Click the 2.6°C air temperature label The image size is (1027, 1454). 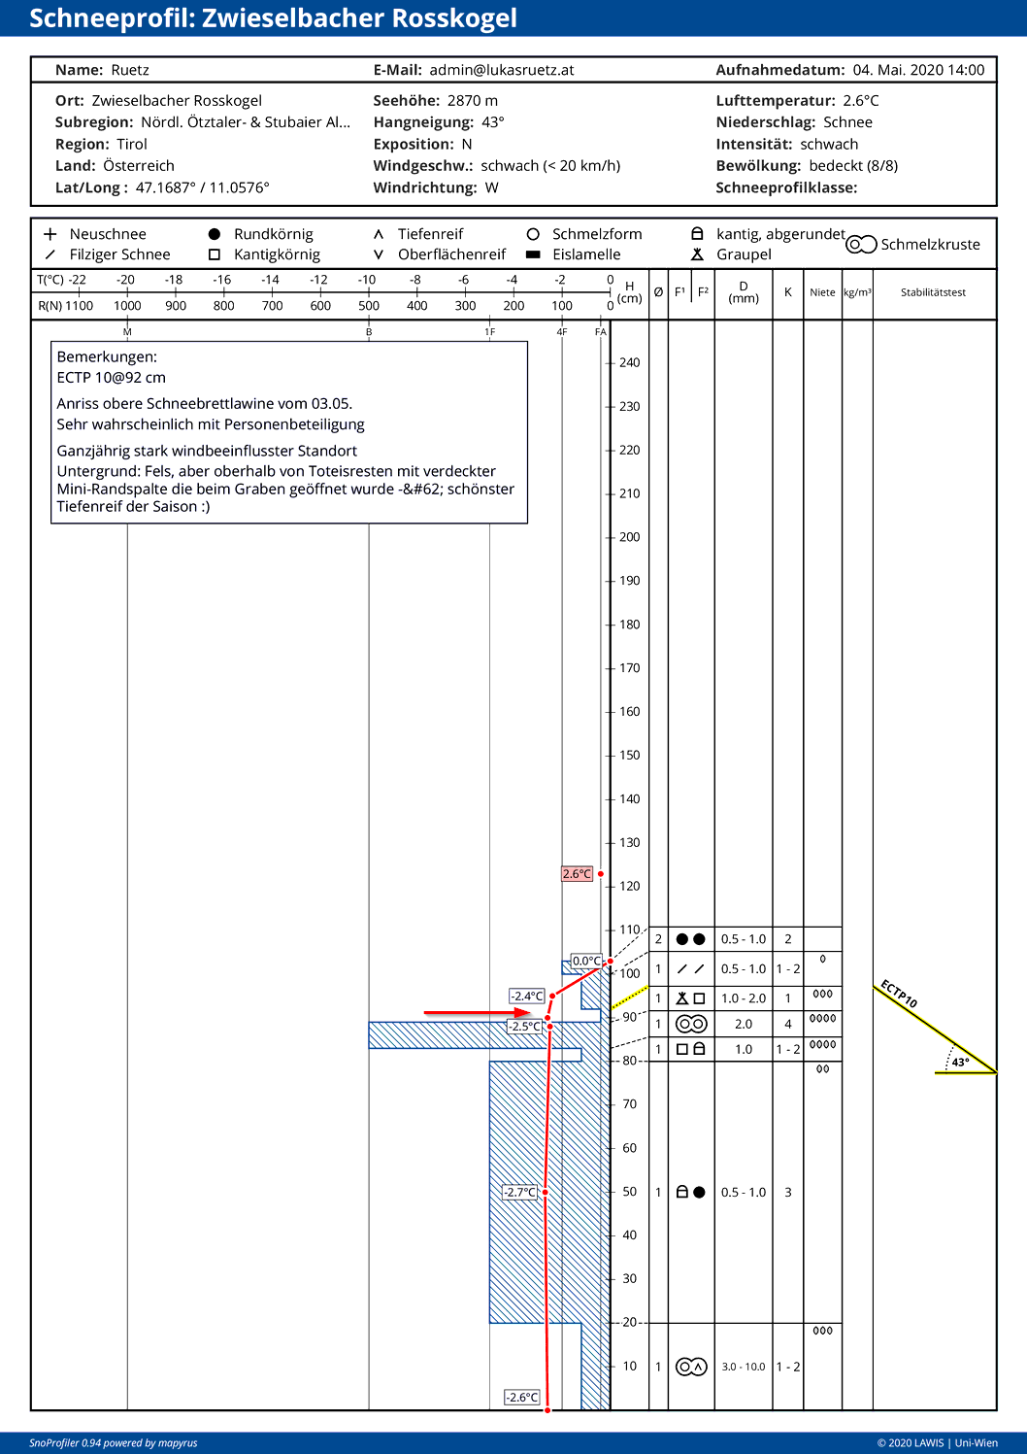(x=577, y=874)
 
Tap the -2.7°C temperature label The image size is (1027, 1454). (x=520, y=1192)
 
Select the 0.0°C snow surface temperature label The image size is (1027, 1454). (x=586, y=961)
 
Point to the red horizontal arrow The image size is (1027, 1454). (x=477, y=1013)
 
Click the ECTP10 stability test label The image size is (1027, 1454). (x=899, y=994)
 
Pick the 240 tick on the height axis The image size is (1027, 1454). (x=629, y=362)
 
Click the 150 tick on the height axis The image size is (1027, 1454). (x=629, y=755)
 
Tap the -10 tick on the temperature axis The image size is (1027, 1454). (x=367, y=280)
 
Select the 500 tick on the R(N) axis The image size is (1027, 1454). (x=369, y=305)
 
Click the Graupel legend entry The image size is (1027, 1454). (x=744, y=254)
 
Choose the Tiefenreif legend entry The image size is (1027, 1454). (x=430, y=234)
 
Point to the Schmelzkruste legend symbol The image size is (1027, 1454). (x=861, y=245)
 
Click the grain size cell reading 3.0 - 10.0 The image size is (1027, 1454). (x=744, y=1367)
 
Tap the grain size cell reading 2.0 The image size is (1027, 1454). (x=744, y=1024)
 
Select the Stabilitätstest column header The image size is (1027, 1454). (x=933, y=292)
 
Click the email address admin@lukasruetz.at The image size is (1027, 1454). (x=502, y=70)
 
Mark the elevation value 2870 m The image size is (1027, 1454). (x=473, y=101)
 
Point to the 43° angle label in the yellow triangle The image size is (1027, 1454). (x=960, y=1062)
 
